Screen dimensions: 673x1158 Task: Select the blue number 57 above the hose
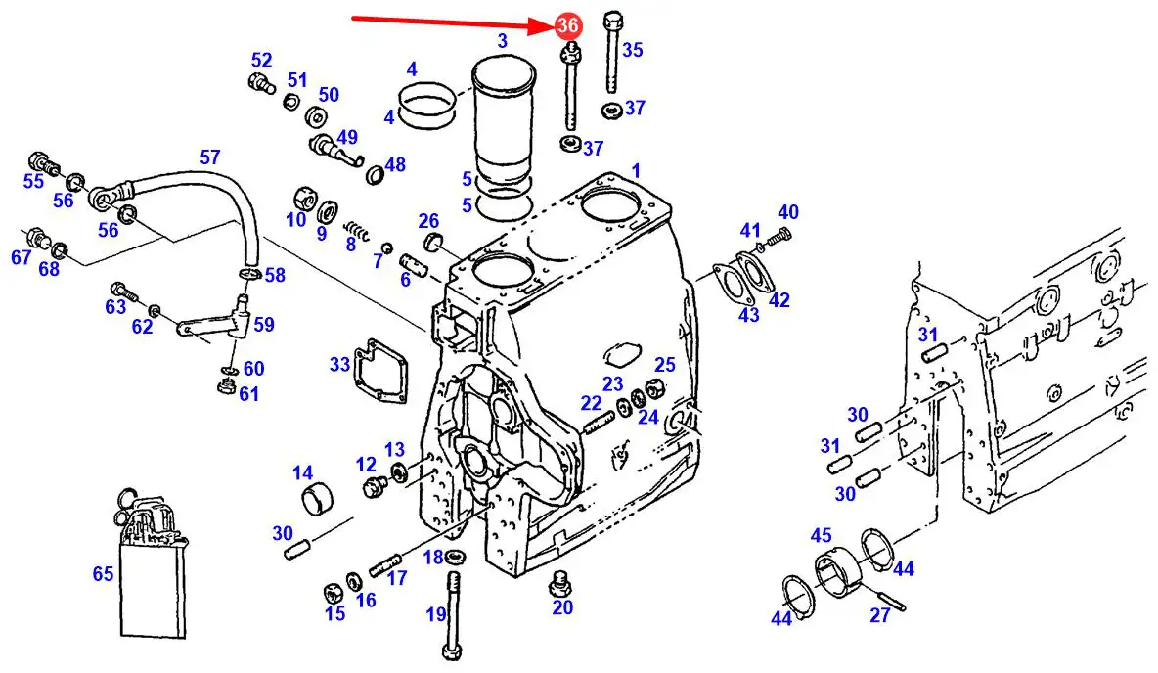[x=210, y=157]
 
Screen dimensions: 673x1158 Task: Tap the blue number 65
[x=104, y=574]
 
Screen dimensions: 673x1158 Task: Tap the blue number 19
[x=435, y=614]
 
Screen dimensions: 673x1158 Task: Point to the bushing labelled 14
[x=316, y=499]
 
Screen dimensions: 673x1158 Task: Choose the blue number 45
[x=821, y=535]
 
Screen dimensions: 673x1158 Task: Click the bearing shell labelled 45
[x=837, y=574]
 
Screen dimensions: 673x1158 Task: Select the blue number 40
[x=787, y=212]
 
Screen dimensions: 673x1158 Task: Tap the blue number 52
[x=261, y=61]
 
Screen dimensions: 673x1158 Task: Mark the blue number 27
[x=880, y=614]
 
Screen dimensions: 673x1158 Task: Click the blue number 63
[x=115, y=307]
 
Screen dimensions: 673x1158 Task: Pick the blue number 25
[x=665, y=365]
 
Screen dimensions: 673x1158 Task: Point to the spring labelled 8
[x=360, y=235]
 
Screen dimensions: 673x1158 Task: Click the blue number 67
[x=22, y=256]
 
